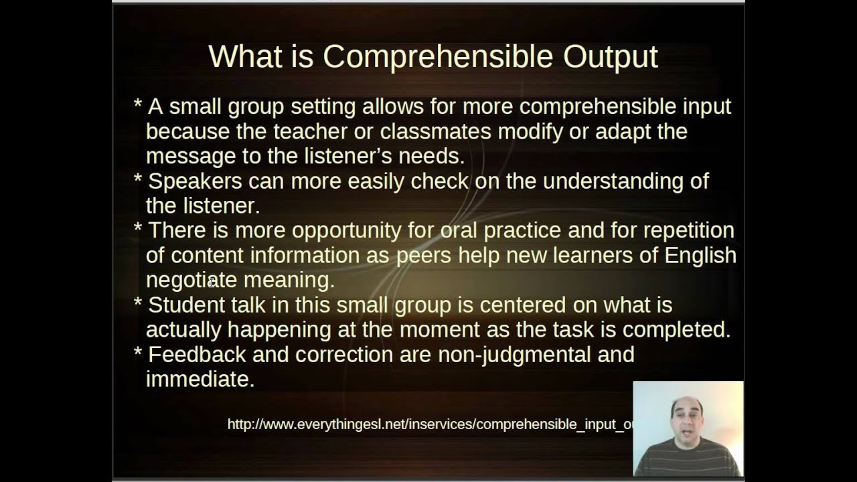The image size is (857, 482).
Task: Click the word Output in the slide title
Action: coord(610,58)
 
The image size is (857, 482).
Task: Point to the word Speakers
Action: coord(196,181)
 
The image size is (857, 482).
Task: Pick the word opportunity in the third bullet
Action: coord(347,231)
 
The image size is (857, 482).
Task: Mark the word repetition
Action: coord(688,231)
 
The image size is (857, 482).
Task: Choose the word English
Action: coord(700,256)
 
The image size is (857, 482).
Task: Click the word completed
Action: coord(676,330)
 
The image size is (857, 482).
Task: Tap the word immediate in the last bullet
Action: coord(200,380)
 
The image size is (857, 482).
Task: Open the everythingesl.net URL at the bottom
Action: coord(429,424)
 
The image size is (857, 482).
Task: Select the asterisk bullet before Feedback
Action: coord(138,352)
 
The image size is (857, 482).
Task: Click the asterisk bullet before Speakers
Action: coord(138,179)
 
